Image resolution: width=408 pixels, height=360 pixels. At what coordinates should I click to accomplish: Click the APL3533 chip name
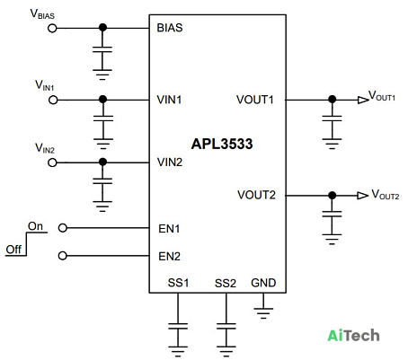tap(222, 144)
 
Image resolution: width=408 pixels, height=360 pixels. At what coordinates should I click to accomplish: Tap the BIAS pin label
tap(170, 28)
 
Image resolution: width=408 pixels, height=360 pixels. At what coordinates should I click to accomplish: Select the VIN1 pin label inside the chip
tap(169, 100)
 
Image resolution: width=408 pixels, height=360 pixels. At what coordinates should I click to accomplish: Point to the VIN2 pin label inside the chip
tap(170, 162)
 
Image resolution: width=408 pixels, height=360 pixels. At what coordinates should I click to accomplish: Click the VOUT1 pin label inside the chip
tap(255, 100)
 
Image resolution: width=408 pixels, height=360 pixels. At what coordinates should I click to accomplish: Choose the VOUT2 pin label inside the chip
tap(256, 195)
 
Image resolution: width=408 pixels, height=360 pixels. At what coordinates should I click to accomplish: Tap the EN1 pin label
tap(169, 229)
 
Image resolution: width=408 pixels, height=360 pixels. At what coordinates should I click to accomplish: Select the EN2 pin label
tap(170, 257)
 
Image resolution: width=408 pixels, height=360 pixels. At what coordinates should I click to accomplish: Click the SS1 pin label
tap(179, 283)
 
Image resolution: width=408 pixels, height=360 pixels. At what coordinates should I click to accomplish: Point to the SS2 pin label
tap(226, 283)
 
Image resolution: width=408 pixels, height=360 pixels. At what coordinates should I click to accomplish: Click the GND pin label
tap(263, 283)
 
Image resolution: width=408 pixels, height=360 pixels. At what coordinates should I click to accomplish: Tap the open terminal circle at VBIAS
tap(52, 29)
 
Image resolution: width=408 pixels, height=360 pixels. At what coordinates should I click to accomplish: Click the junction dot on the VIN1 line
tap(102, 100)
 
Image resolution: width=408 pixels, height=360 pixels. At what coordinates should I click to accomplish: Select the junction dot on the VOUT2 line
tap(332, 196)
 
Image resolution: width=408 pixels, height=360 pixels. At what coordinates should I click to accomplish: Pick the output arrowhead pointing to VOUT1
tap(363, 100)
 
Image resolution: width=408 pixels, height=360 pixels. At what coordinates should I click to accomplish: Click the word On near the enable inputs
tap(35, 226)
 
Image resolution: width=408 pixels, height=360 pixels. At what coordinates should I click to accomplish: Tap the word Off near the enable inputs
tap(13, 250)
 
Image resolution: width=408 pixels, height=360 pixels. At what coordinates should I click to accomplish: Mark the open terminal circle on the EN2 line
tap(62, 256)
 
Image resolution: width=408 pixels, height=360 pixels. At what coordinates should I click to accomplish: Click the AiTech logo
tap(353, 336)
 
